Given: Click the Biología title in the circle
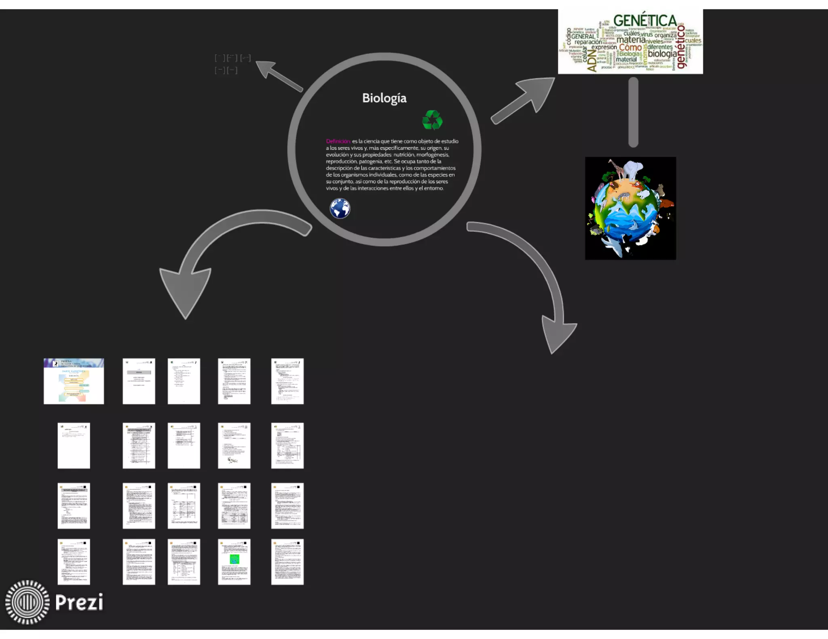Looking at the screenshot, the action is click(384, 98).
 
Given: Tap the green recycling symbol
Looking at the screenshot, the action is click(432, 120).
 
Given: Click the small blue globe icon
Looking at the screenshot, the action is click(340, 208).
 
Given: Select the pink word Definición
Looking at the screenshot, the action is click(338, 141).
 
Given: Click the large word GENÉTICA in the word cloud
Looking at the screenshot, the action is click(645, 21).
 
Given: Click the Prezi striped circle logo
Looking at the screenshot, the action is click(27, 602).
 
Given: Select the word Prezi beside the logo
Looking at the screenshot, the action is click(79, 602).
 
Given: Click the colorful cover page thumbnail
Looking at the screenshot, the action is click(74, 381).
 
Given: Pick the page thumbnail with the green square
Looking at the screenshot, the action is click(234, 561).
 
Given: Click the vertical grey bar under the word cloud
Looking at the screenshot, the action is click(633, 112).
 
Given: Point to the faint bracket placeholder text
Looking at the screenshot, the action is click(232, 64).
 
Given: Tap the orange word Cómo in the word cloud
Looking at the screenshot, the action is click(630, 48).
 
